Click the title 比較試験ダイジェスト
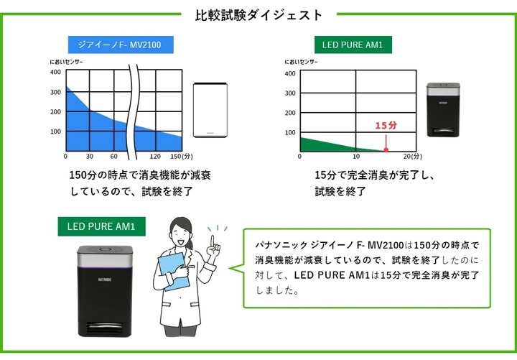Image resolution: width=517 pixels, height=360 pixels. click(x=259, y=14)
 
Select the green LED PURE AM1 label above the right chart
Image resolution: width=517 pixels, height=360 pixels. click(x=353, y=45)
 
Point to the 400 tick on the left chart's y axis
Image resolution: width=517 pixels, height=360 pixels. click(x=55, y=72)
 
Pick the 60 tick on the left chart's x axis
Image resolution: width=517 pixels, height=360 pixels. click(x=113, y=156)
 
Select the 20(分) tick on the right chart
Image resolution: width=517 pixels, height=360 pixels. click(x=413, y=157)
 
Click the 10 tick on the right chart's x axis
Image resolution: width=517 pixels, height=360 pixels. click(x=357, y=157)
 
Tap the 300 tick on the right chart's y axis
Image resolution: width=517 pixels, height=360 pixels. click(x=290, y=93)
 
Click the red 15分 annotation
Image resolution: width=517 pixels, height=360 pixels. click(x=386, y=126)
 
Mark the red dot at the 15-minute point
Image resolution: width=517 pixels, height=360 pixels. click(x=386, y=150)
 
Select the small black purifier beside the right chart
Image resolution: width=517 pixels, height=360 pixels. click(x=442, y=109)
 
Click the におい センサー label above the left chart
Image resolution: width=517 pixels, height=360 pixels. click(x=66, y=62)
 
